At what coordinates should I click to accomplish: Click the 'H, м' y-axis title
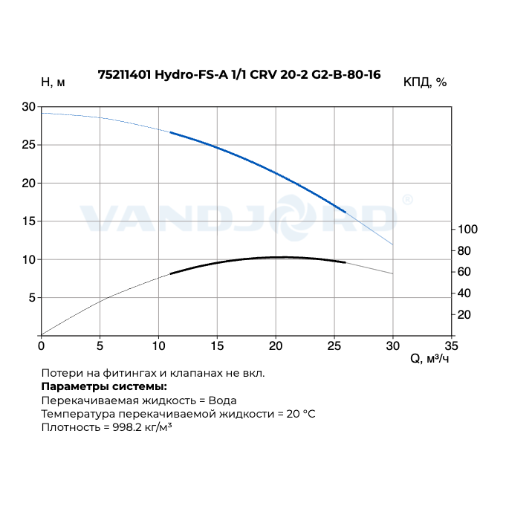(x=53, y=82)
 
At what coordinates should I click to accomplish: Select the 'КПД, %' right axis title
(x=425, y=82)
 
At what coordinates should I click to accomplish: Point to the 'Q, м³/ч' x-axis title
(x=429, y=359)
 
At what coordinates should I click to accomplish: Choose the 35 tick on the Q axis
(x=451, y=346)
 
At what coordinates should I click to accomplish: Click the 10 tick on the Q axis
(x=158, y=346)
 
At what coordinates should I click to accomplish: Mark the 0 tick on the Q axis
(x=42, y=346)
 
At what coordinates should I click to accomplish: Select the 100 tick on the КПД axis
(x=466, y=229)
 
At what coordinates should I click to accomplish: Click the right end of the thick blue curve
(x=346, y=212)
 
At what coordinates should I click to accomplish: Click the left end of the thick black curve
(x=171, y=274)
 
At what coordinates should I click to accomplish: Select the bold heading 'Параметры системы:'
(x=104, y=386)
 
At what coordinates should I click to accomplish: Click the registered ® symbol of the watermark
(x=407, y=200)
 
